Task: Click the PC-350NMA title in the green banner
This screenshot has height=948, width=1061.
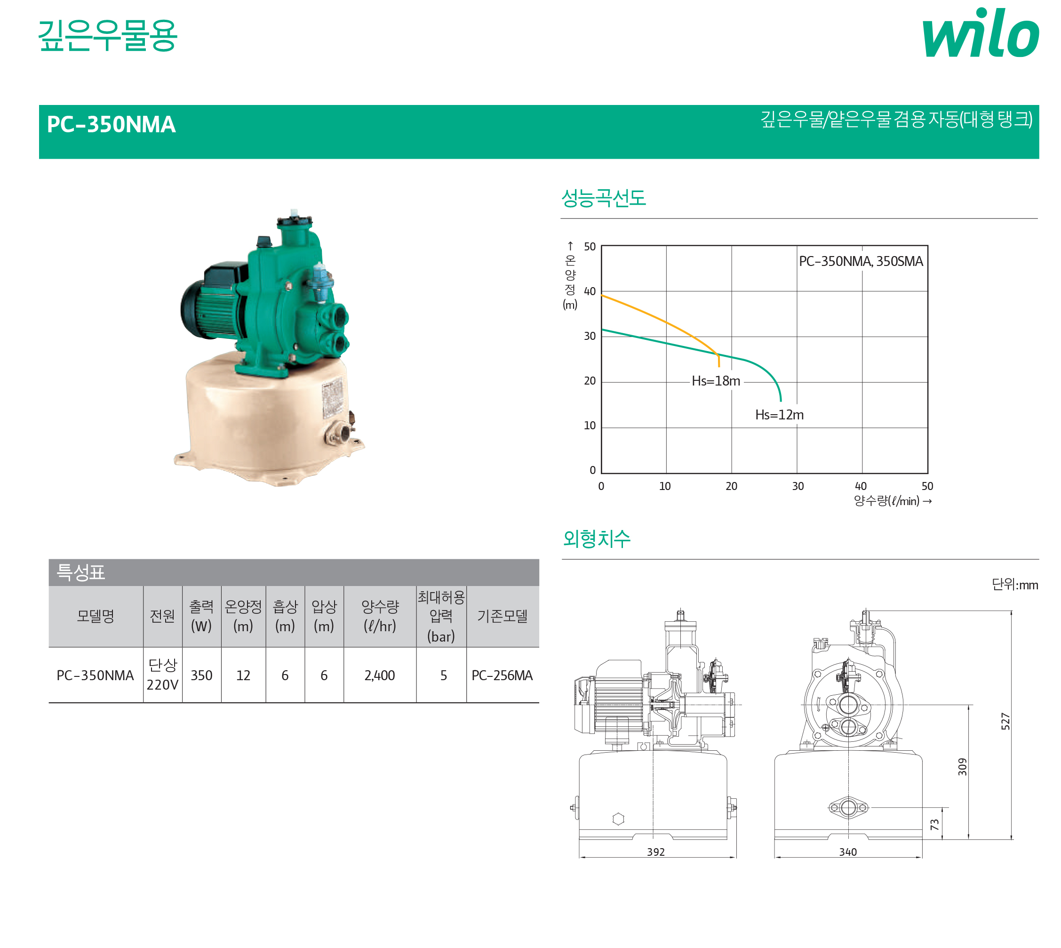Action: point(112,124)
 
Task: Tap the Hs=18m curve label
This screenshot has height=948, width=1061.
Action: point(716,381)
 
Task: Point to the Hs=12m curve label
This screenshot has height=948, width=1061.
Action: point(779,415)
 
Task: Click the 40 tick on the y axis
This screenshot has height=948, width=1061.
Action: point(590,291)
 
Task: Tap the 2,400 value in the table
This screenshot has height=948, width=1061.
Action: point(380,675)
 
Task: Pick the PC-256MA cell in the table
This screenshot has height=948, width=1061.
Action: point(502,675)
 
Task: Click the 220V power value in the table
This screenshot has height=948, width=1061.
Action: point(162,684)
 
